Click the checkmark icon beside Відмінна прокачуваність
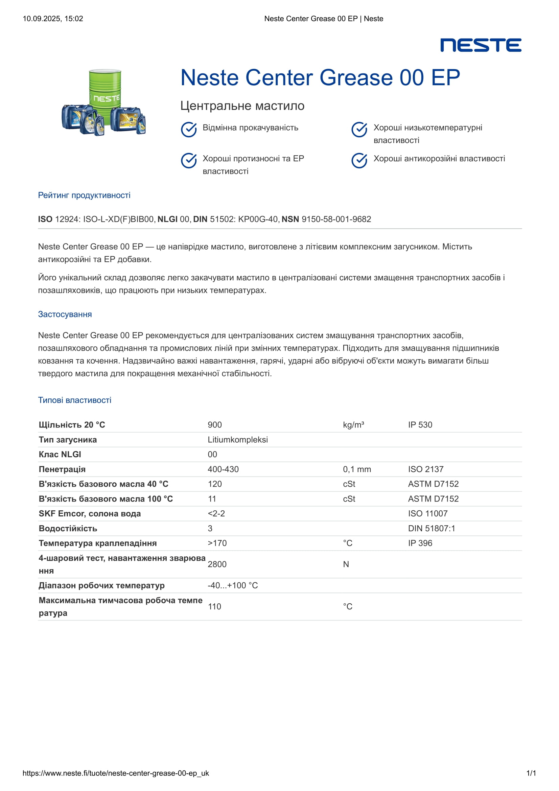coord(189,130)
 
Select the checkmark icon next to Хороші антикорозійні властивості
coord(359,161)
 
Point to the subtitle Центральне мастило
coord(242,106)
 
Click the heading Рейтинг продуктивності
coord(84,195)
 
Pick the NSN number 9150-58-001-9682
coord(336,219)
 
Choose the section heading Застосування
coord(65,314)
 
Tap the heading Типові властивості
coord(74,400)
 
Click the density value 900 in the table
coord(215,425)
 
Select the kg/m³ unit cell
coord(353,425)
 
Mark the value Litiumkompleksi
coord(238,440)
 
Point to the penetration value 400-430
coord(223,469)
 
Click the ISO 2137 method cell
coord(426,469)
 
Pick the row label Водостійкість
coord(68,529)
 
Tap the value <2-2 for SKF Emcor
coord(216,514)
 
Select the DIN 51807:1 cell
coord(432,529)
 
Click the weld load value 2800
coord(217,564)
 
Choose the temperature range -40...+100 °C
coord(233,585)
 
